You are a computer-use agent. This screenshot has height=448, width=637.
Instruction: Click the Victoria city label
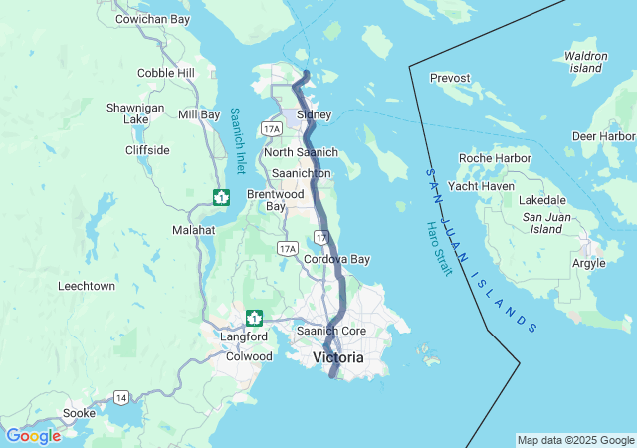[338, 357]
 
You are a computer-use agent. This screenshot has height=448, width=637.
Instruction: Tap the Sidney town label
[314, 114]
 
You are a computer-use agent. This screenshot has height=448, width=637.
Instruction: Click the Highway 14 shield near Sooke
[121, 397]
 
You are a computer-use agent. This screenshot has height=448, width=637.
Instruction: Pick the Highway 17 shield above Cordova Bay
[319, 237]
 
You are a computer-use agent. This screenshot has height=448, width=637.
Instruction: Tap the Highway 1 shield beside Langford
[255, 318]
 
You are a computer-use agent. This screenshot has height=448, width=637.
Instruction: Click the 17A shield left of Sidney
[271, 129]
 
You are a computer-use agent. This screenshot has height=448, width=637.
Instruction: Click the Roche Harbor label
[495, 158]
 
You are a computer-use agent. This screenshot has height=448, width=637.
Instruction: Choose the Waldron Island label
[585, 62]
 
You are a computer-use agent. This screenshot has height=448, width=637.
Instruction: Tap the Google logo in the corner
[33, 435]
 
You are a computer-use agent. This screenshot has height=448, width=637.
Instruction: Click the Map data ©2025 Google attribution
[574, 440]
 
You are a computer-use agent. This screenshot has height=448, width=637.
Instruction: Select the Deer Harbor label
[604, 136]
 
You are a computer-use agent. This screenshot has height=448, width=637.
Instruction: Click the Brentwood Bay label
[274, 200]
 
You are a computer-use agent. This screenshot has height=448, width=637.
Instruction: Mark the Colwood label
[249, 356]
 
